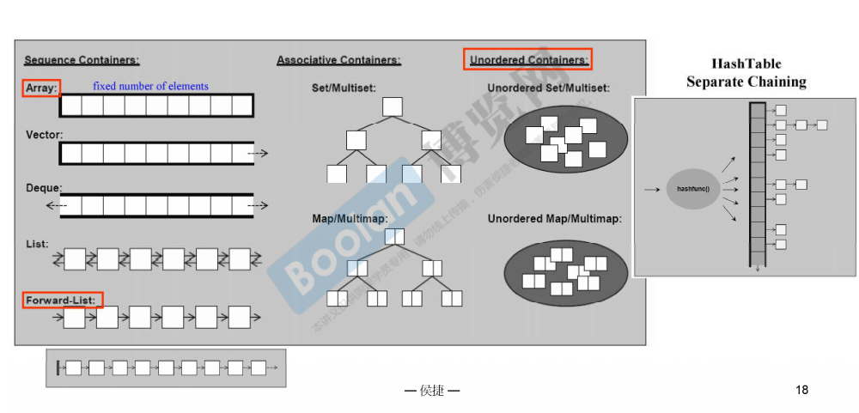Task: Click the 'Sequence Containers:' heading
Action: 82,60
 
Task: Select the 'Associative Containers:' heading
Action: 338,60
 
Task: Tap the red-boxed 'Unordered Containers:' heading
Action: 528,60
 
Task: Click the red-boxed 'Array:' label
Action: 41,88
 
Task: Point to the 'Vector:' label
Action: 44,135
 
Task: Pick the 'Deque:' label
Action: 43,187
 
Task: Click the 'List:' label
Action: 37,244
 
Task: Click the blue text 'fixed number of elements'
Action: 150,86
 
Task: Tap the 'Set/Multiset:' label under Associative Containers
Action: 344,88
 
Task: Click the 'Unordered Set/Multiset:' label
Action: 548,88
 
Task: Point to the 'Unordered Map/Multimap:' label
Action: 554,219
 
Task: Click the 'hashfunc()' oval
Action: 693,188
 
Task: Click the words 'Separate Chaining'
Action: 746,82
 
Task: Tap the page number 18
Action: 801,391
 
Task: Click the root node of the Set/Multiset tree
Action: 393,106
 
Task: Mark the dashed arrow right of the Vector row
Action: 259,154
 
